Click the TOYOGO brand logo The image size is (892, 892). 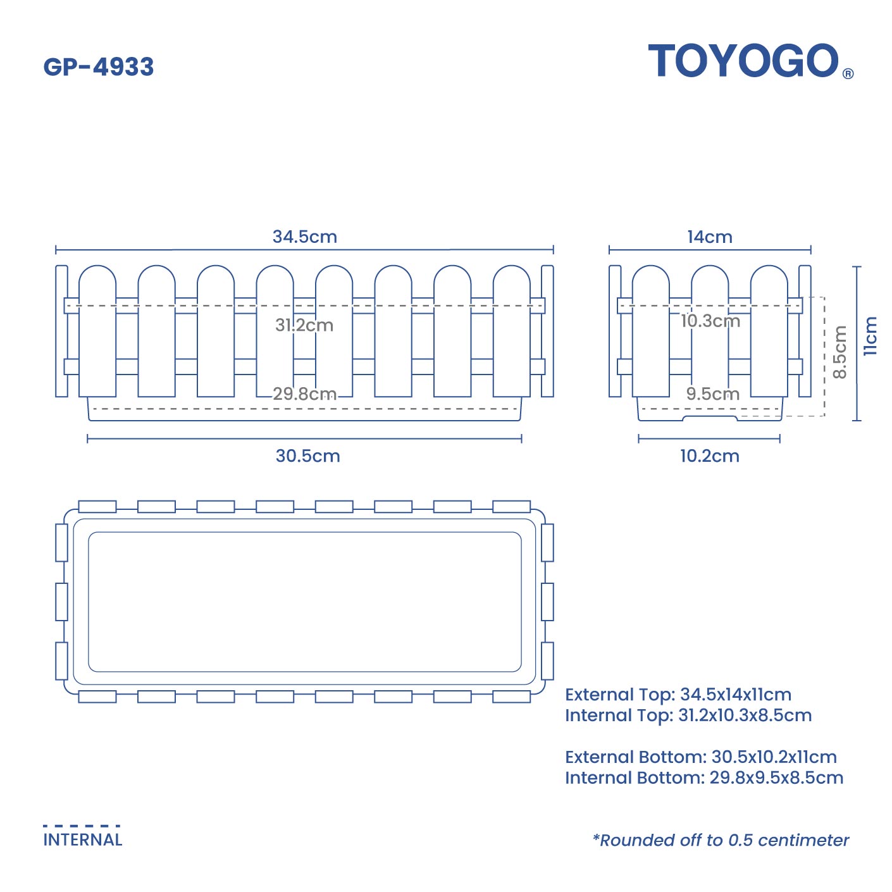tap(744, 61)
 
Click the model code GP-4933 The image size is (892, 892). tap(99, 67)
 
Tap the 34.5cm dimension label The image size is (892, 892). tap(304, 237)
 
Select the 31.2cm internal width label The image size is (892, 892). tap(304, 325)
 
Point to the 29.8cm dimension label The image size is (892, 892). tap(304, 393)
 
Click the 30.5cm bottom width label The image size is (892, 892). tap(307, 455)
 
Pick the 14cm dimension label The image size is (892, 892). tap(710, 237)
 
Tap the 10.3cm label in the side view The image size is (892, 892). tap(710, 321)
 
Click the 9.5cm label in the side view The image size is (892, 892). tap(713, 393)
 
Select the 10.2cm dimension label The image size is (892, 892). tap(709, 455)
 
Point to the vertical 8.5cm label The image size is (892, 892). tap(839, 352)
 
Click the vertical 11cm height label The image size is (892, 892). tap(870, 336)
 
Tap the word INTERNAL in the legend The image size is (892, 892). tap(83, 839)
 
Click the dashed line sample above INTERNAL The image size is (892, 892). tap(82, 826)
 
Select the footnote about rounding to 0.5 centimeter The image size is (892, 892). tap(721, 840)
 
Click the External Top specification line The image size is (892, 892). tap(678, 694)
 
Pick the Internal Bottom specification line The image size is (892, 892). tap(704, 777)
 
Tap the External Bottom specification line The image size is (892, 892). tap(701, 757)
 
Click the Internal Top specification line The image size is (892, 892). tap(688, 715)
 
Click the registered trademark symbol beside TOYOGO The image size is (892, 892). tap(848, 73)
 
